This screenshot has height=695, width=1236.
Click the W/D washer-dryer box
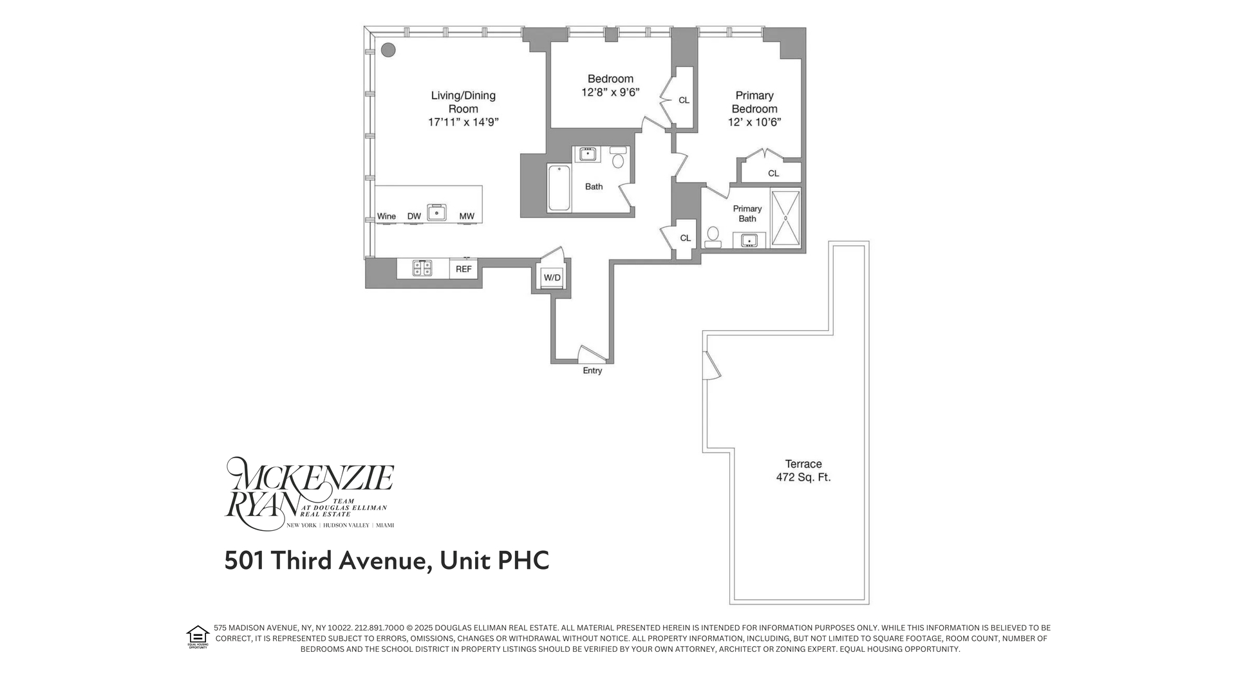point(552,277)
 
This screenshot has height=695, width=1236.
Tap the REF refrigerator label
point(464,269)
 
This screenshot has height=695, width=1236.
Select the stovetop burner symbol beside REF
point(422,268)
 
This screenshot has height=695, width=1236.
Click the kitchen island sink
point(437,212)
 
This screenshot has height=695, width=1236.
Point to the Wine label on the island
point(386,216)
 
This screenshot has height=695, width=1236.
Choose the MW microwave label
point(467,216)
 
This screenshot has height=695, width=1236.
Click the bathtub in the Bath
point(559,188)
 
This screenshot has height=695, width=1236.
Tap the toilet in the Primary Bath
point(713,236)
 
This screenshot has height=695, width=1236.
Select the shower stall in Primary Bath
point(785,218)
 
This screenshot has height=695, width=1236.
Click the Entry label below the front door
point(592,371)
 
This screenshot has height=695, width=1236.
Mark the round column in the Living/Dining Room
point(388,50)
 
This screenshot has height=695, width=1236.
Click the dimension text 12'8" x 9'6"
point(610,93)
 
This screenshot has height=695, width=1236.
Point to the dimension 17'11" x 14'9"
point(464,122)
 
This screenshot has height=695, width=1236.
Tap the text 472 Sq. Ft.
point(803,477)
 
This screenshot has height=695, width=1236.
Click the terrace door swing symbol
point(711,366)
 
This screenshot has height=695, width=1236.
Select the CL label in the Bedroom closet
point(684,100)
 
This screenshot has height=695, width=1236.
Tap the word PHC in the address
point(523,561)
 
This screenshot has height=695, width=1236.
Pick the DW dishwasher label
point(414,216)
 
